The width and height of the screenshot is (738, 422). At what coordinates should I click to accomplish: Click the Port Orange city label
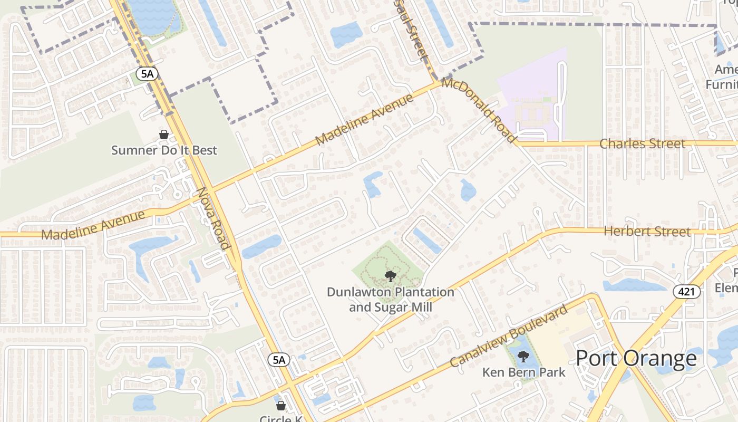(636, 359)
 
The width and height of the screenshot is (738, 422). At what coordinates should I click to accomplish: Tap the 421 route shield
(687, 291)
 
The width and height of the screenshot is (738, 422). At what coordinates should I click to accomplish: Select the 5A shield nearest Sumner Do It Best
(147, 74)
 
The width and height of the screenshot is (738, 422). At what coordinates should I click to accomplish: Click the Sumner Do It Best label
(164, 150)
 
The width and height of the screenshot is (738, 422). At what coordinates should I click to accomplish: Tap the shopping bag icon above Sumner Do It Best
(164, 135)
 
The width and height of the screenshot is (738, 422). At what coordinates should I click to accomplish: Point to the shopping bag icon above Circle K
(281, 406)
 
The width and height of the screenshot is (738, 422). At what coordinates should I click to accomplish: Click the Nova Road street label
(213, 218)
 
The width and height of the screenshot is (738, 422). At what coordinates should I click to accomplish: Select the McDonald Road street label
(479, 110)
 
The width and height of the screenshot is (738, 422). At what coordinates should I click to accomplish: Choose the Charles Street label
(642, 143)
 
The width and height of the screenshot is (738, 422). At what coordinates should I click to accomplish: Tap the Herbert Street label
(647, 232)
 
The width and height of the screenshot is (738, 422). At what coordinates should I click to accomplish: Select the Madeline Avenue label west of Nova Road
(93, 225)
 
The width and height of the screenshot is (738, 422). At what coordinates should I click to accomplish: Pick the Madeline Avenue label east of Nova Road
(364, 120)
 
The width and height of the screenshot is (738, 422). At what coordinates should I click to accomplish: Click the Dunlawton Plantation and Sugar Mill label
(390, 299)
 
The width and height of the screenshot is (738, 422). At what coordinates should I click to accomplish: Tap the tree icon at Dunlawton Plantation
(390, 276)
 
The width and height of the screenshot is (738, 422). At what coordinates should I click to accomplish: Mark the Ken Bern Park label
(523, 372)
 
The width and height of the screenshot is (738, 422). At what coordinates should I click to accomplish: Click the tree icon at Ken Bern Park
(523, 357)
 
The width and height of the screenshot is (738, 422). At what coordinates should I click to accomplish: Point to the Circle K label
(281, 418)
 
